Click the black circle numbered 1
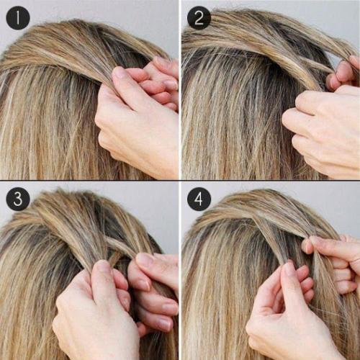[x=18, y=18]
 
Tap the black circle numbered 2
[x=199, y=18]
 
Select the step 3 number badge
[x=18, y=199]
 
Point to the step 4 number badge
[x=199, y=199]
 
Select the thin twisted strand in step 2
[x=312, y=64]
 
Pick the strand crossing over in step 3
[x=120, y=246]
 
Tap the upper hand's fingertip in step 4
[x=308, y=245]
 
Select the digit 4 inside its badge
[x=199, y=199]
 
